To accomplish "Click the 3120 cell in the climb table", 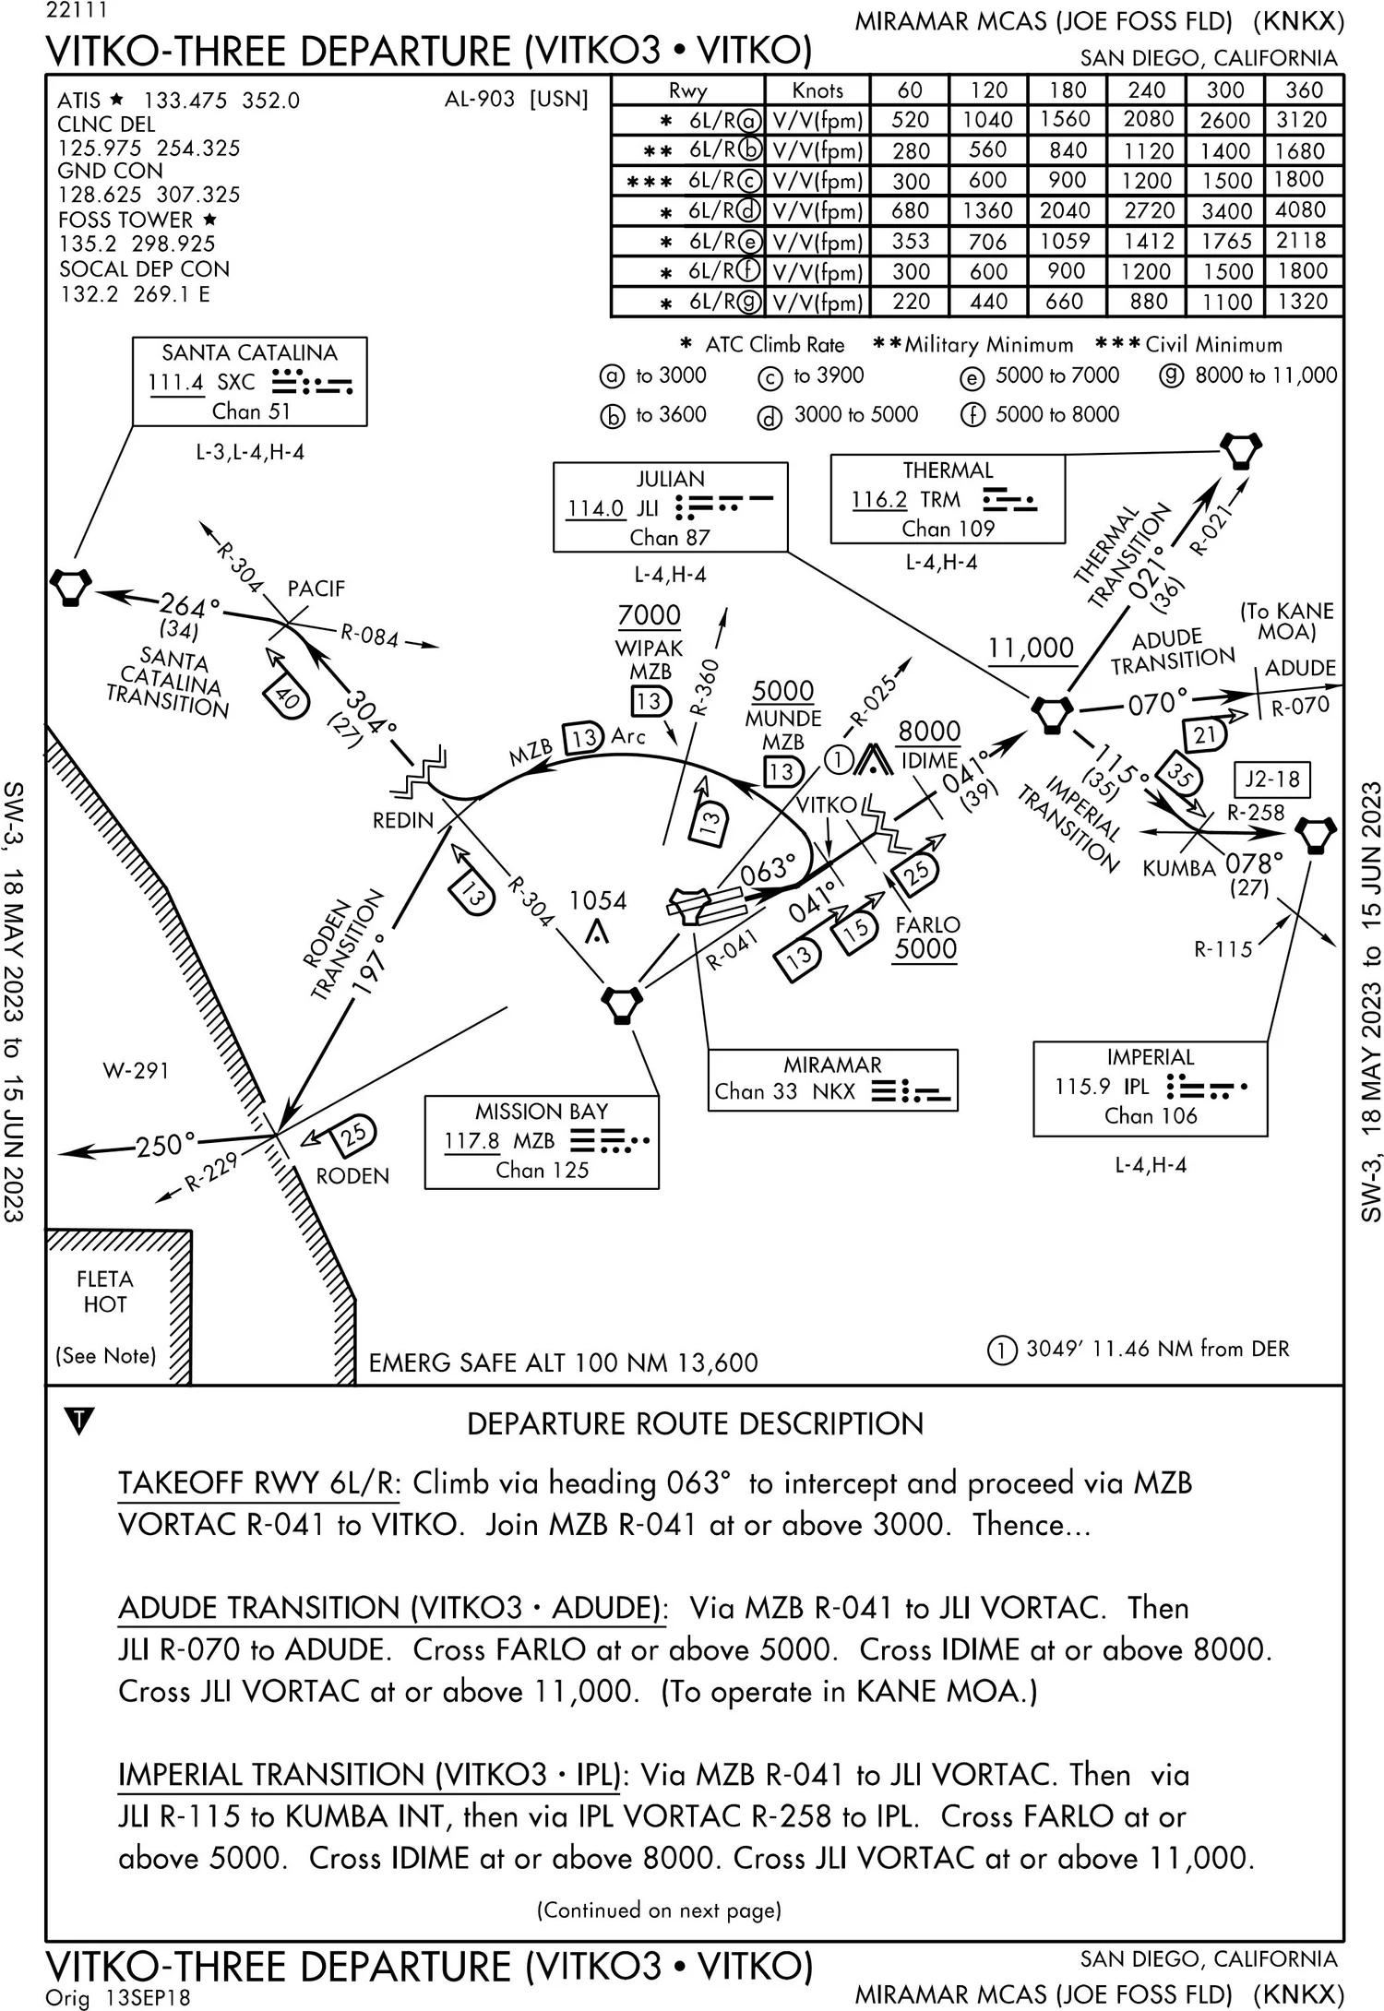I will point(1302,120).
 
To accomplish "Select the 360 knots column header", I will point(1303,90).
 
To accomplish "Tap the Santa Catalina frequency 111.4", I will point(175,382).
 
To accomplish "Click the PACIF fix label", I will point(316,589).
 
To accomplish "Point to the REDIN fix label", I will point(402,820).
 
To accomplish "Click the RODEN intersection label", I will point(352,1176).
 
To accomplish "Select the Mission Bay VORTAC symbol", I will point(622,1004).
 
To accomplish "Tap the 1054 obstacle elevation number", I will point(598,900).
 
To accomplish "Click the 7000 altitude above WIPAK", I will point(650,615).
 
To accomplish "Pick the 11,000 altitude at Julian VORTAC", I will point(1031,648).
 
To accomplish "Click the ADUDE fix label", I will point(1300,668).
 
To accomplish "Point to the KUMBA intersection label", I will point(1178,868).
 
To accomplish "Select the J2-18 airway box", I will point(1272,779).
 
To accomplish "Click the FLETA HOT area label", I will point(105,1291).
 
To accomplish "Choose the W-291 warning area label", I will point(136,1071).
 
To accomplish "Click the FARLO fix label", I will point(927,924).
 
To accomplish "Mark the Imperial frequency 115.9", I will point(1082,1087).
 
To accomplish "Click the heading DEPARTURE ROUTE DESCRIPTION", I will point(695,1423).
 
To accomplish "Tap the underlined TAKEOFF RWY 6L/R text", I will point(258,1483).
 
